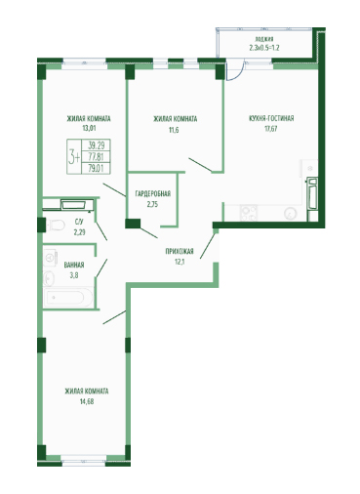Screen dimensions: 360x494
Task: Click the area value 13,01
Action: tap(89, 128)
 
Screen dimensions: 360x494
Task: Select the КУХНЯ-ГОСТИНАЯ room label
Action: tap(271, 118)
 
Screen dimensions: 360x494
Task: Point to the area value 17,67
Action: tap(271, 129)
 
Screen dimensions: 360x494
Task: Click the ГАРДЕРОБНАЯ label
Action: tap(153, 194)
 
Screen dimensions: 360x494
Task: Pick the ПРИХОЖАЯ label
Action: tap(180, 251)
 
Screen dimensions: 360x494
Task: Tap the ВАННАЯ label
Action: tap(74, 265)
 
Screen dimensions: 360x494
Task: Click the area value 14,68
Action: tap(87, 401)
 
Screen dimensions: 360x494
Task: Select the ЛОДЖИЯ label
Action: tap(264, 38)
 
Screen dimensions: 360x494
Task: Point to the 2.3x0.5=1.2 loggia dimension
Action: tap(264, 48)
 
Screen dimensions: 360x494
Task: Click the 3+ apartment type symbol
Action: tap(74, 157)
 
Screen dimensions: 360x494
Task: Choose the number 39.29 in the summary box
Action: tap(97, 145)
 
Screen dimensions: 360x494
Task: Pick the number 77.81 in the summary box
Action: tap(97, 157)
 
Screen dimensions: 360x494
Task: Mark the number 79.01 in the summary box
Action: tap(97, 168)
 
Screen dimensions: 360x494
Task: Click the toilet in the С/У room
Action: tap(56, 225)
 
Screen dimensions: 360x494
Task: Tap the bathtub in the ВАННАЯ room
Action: tap(68, 297)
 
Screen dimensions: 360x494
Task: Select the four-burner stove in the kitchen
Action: tap(249, 213)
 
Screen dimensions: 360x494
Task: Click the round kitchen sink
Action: tap(290, 214)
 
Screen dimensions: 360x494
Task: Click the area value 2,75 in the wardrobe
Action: tap(152, 204)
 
